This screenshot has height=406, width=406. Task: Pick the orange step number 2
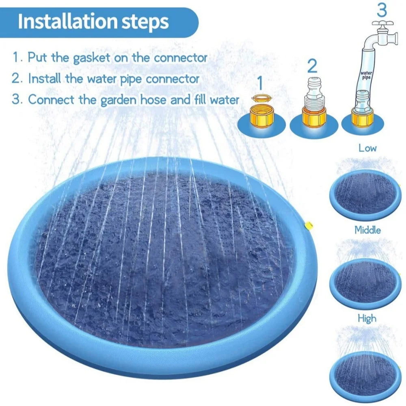[312, 65]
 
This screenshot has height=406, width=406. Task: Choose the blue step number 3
[382, 9]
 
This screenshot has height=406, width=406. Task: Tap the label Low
[367, 148]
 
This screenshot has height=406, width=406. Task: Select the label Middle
[367, 230]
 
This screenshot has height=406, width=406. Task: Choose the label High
[367, 318]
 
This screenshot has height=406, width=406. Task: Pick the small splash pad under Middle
[365, 280]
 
